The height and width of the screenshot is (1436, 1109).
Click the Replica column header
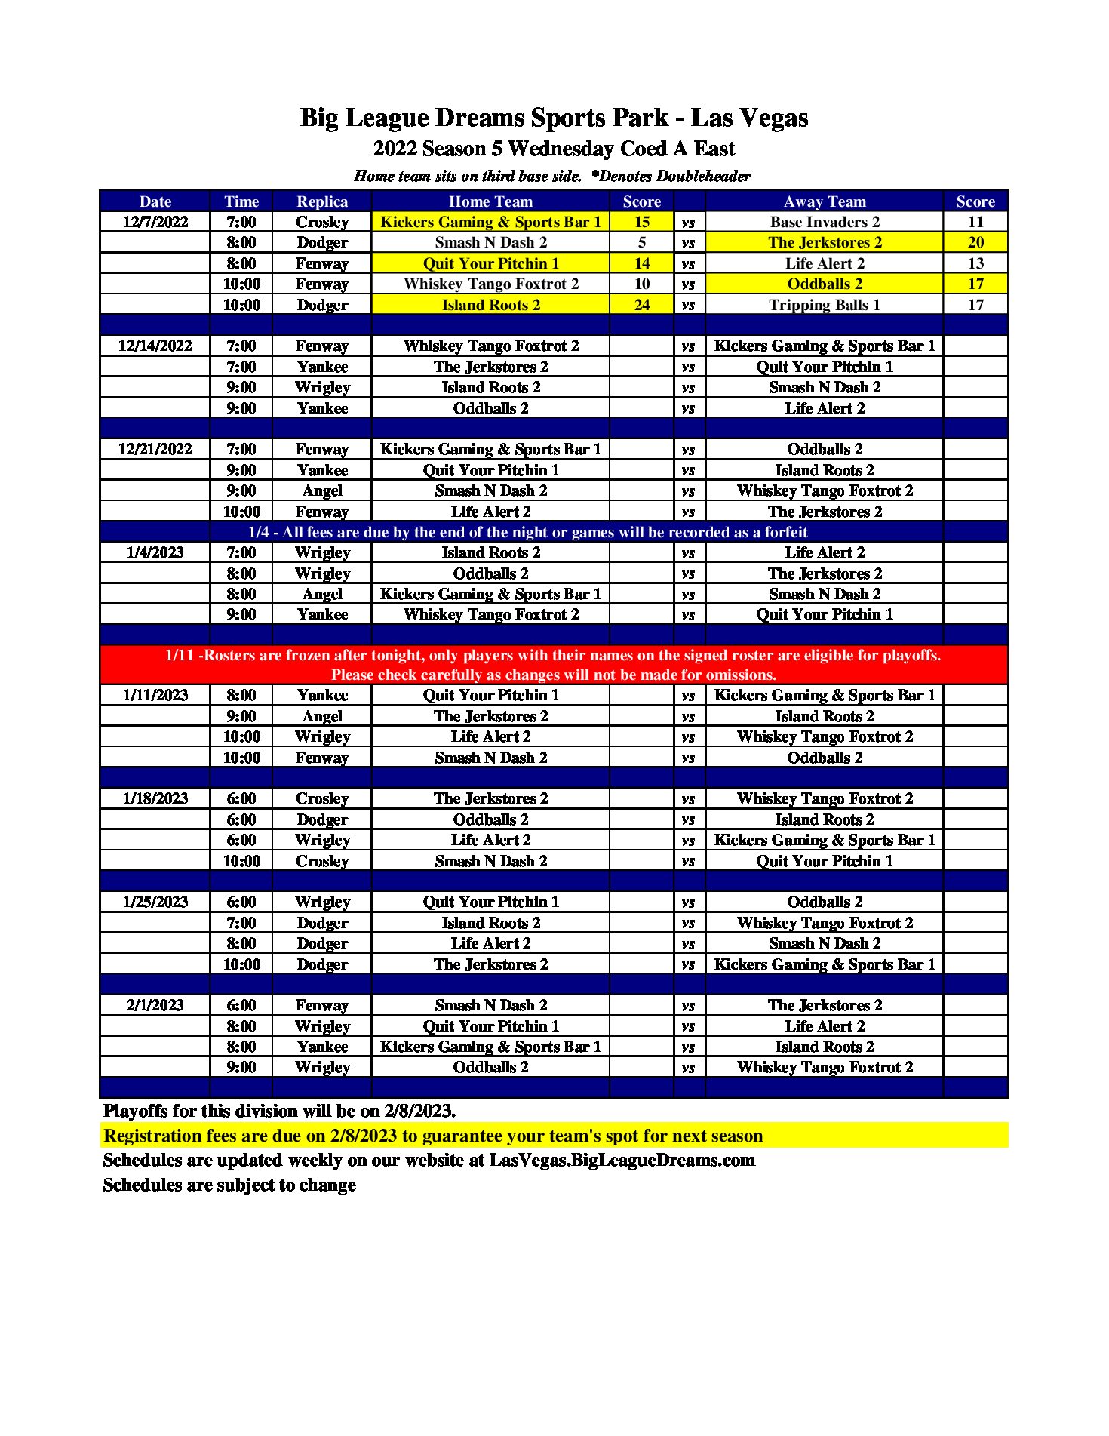point(322,201)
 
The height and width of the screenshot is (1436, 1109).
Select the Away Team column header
point(825,201)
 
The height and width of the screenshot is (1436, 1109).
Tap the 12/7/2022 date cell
point(155,222)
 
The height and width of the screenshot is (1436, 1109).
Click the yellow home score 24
point(641,305)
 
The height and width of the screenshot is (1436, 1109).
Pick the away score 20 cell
point(975,242)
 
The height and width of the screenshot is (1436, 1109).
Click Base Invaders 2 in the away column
point(825,222)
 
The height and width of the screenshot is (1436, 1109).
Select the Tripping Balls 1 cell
point(825,305)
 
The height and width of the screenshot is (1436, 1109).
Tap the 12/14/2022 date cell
point(155,346)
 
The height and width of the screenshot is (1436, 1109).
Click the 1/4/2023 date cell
point(155,552)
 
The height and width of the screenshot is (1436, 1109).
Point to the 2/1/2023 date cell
point(155,1005)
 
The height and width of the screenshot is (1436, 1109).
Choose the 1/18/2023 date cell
point(155,798)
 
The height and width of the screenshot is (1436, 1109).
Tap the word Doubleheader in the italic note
point(703,176)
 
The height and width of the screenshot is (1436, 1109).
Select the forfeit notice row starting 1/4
point(528,532)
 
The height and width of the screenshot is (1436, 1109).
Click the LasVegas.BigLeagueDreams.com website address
point(622,1161)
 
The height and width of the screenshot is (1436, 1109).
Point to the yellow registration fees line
point(433,1136)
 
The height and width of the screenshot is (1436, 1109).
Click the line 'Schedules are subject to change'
point(229,1185)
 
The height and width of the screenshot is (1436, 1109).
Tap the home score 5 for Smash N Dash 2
point(641,242)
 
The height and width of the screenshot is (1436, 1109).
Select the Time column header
point(241,201)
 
